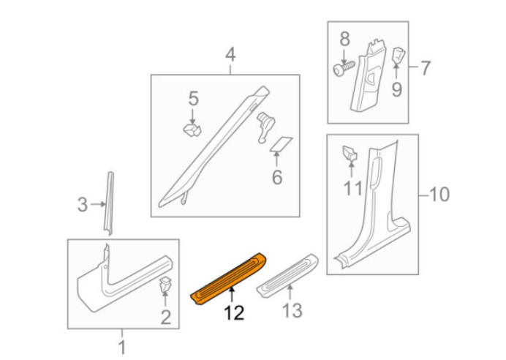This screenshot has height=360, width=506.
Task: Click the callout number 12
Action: tap(234, 313)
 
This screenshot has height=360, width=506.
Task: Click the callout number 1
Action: tap(122, 345)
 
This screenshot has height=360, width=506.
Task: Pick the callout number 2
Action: tap(165, 316)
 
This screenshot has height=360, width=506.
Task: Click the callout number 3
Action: tap(83, 205)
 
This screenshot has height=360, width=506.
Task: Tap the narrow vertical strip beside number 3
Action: tap(110, 203)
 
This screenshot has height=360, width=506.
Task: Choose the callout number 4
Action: tap(230, 55)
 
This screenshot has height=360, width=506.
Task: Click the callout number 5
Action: tap(193, 97)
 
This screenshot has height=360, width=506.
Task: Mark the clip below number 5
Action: tap(192, 130)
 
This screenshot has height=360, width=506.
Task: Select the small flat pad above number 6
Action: tap(282, 143)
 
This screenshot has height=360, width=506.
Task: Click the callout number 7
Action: tap(425, 68)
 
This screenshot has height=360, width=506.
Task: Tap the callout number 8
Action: tap(344, 38)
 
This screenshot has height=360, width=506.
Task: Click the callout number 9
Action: tap(396, 89)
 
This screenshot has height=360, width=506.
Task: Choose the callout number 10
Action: tap(439, 195)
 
